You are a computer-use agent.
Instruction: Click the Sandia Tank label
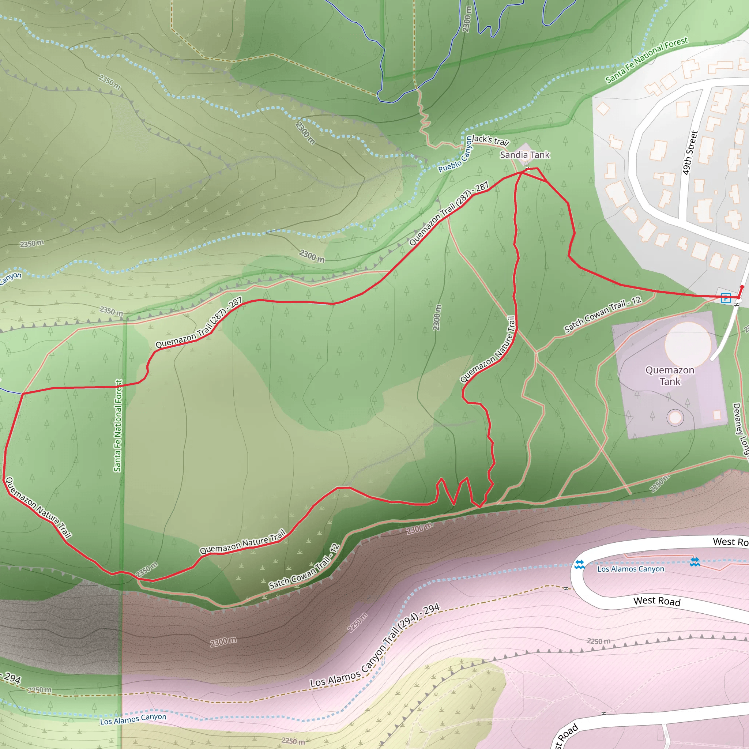[524, 155]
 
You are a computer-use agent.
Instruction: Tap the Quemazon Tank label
[670, 376]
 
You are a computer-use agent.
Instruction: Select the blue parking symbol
[726, 298]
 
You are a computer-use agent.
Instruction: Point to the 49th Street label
[690, 153]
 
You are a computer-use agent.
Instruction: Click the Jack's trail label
[490, 140]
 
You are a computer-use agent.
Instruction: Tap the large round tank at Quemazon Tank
[688, 344]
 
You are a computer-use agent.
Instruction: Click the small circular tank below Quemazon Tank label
[675, 418]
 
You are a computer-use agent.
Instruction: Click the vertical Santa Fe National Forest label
[118, 425]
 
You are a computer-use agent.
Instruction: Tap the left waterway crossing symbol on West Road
[580, 564]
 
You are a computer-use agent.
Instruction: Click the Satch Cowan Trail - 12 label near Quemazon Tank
[602, 315]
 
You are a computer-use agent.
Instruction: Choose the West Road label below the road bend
[657, 601]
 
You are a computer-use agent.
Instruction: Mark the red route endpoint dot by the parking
[742, 287]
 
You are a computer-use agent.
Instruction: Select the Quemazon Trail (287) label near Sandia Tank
[449, 214]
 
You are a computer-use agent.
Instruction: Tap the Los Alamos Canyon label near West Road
[631, 569]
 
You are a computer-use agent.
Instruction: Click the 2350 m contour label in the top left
[109, 82]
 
